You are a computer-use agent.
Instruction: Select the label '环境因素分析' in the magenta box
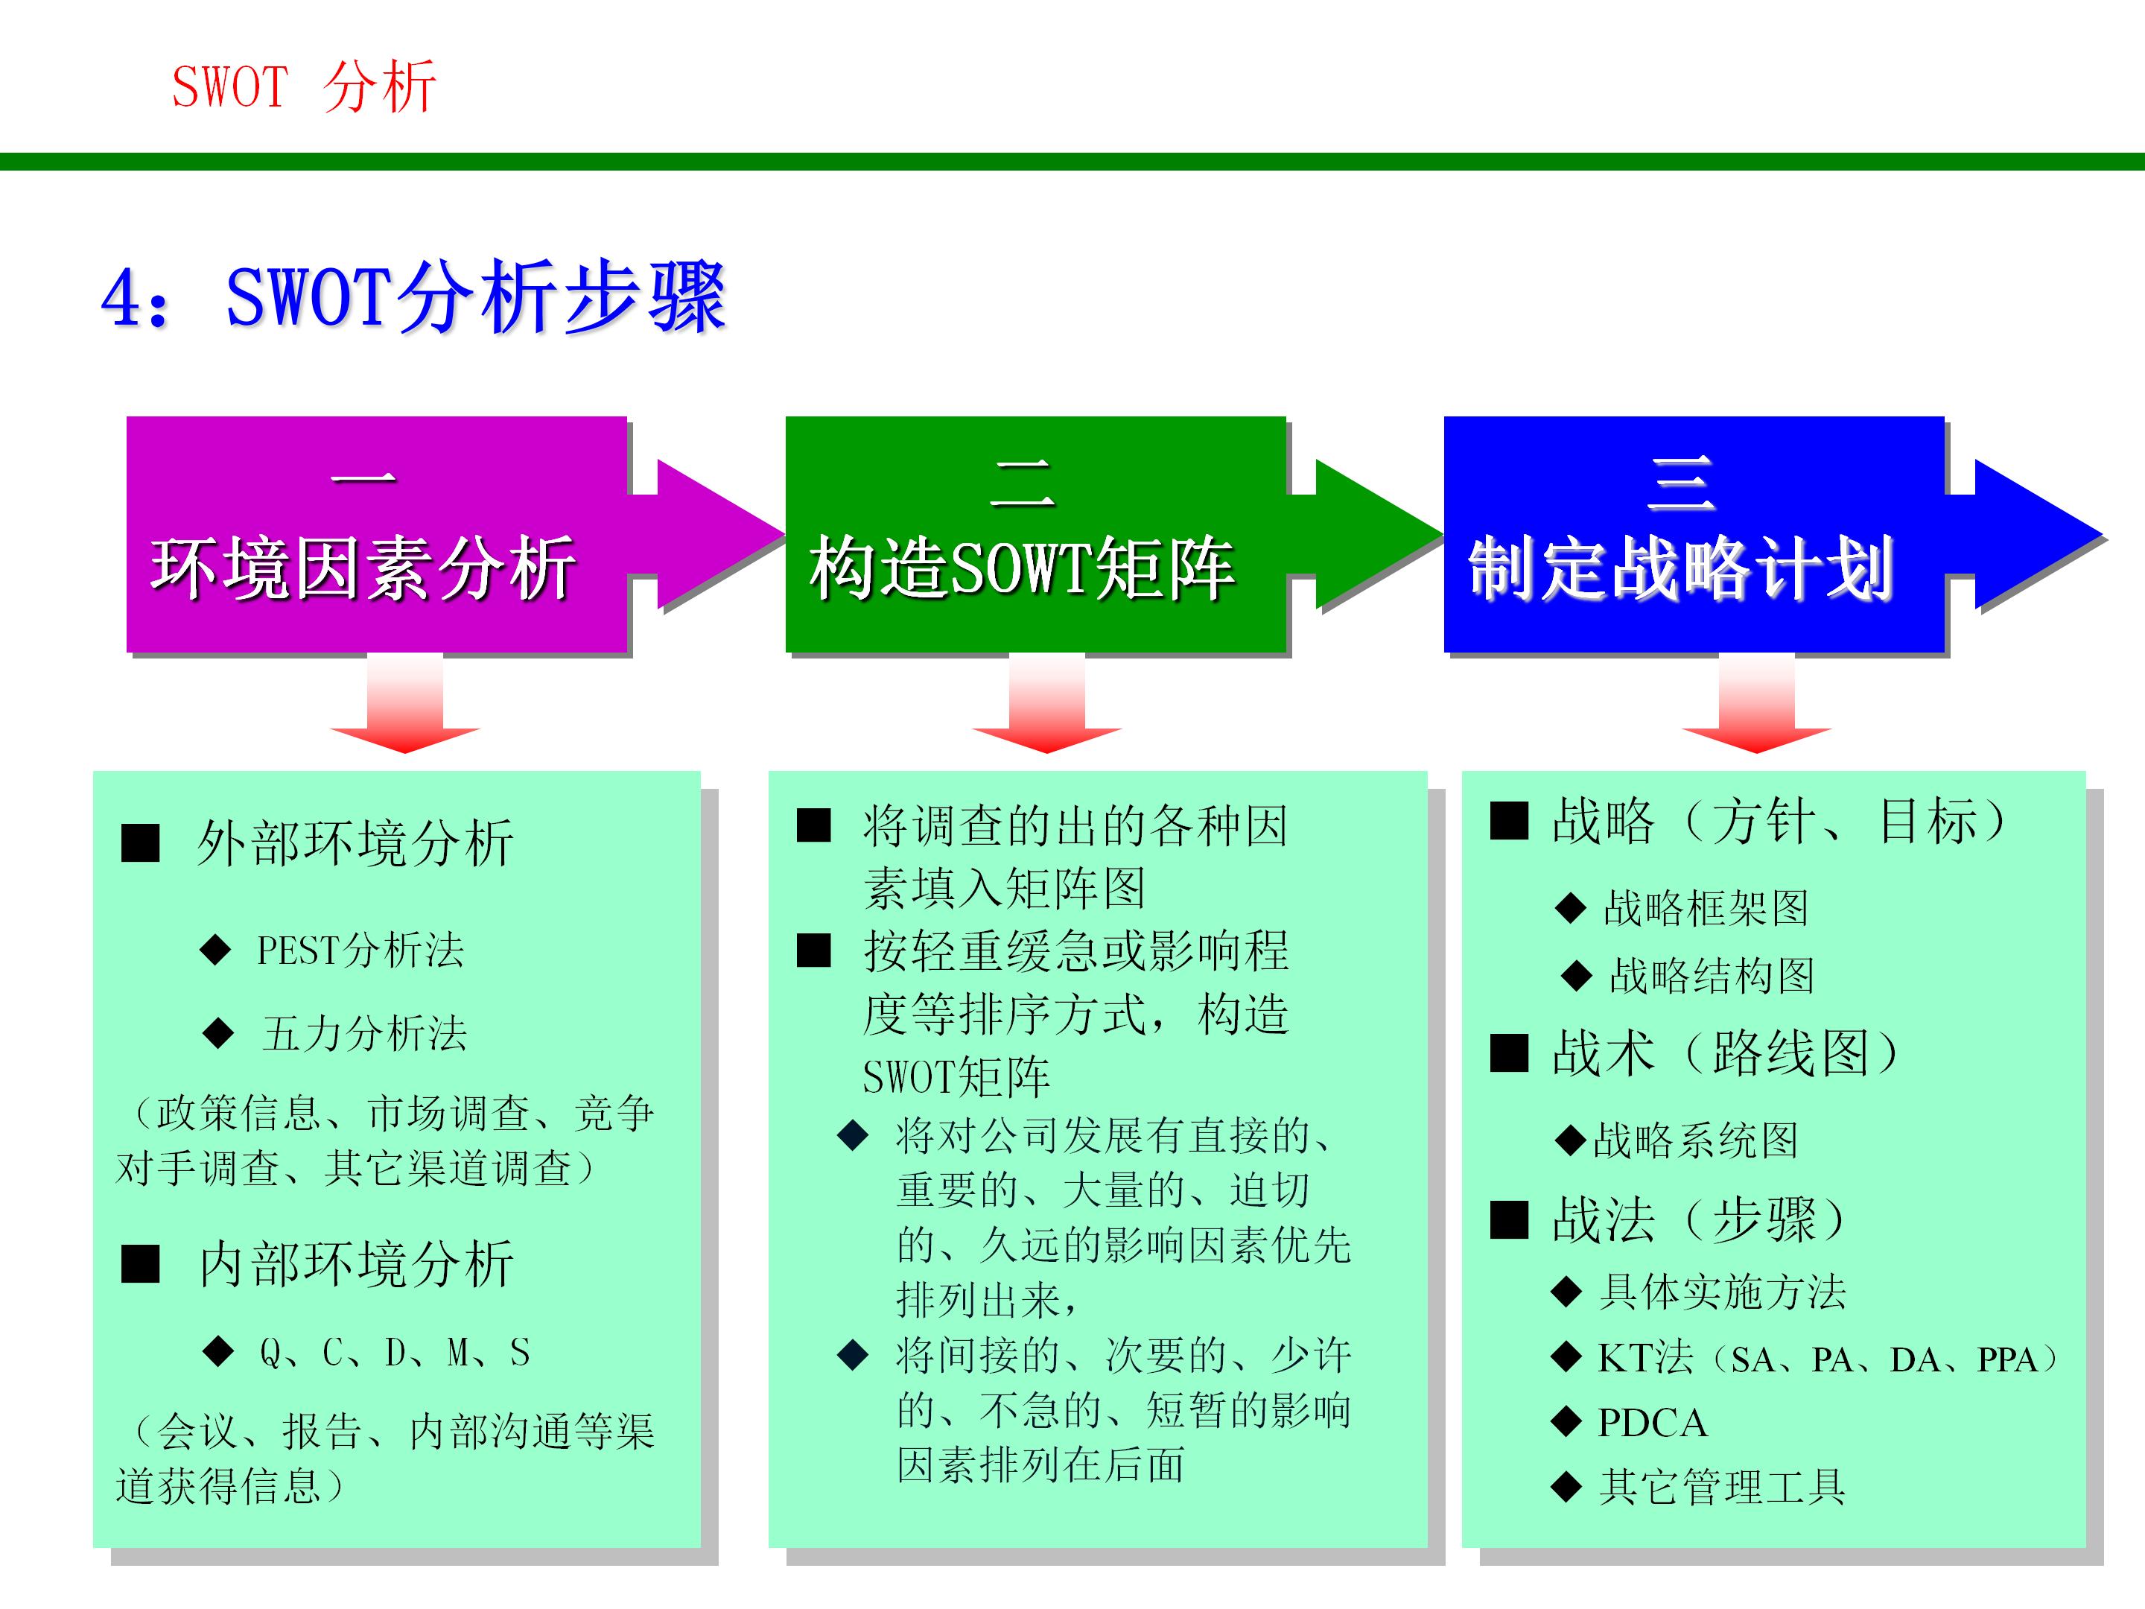[363, 568]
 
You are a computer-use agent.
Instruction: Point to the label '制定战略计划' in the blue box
[1680, 568]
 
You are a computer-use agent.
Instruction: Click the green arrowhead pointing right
[1374, 534]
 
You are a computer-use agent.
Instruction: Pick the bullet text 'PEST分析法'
[360, 951]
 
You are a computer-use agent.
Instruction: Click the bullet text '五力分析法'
[365, 1034]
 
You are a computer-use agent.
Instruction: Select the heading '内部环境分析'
[356, 1263]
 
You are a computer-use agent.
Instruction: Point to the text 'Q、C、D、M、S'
[395, 1352]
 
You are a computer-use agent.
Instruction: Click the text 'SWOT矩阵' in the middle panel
[956, 1076]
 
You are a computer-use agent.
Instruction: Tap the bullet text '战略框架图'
[1706, 909]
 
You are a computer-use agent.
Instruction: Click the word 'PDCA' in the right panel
[1653, 1423]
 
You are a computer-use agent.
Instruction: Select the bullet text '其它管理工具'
[1722, 1487]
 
